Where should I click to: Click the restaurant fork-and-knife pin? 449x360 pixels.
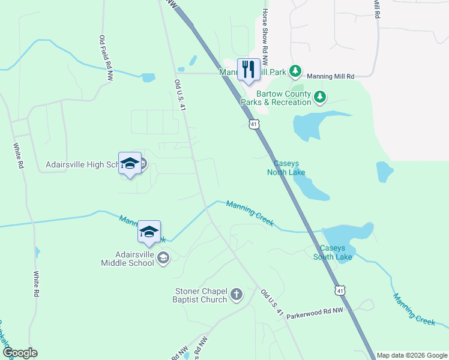tap(249, 70)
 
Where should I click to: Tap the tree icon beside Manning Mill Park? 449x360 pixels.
tap(295, 72)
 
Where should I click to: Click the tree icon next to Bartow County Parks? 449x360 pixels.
tap(320, 96)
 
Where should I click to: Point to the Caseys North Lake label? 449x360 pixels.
tap(286, 168)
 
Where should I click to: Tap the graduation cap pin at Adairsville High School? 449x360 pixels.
tap(130, 164)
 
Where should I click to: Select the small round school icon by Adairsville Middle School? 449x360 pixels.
tap(163, 258)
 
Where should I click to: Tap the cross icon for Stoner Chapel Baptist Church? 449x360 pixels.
tap(237, 295)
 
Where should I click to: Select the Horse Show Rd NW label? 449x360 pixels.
tap(264, 37)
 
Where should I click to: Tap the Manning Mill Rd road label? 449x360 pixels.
tap(331, 77)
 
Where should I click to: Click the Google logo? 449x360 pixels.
tap(20, 353)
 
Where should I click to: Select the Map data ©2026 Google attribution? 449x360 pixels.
tap(412, 355)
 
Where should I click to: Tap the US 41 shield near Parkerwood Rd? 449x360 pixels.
tap(340, 290)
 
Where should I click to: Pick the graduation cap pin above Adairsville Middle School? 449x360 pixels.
tap(149, 232)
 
